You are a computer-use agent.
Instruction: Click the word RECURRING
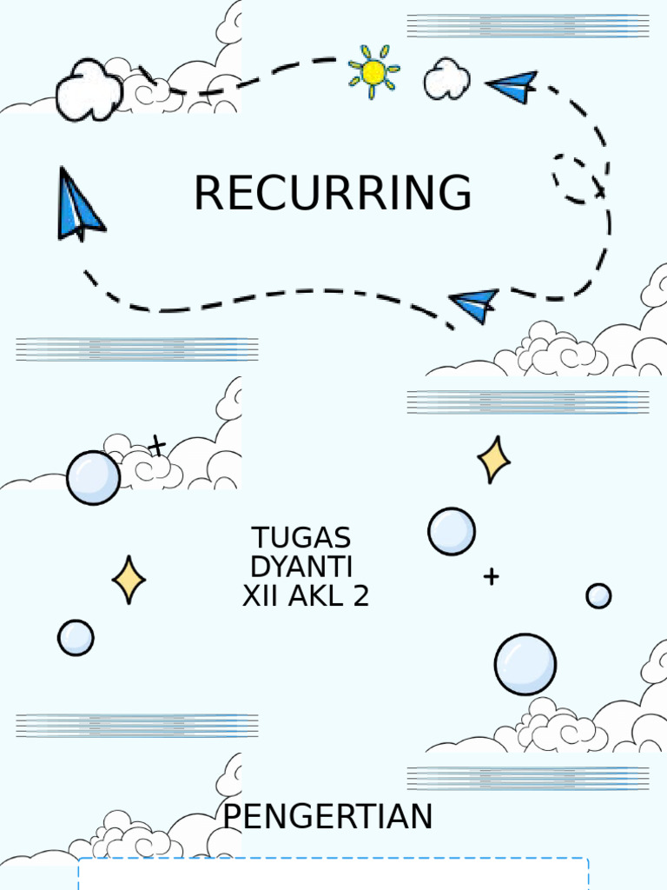333,193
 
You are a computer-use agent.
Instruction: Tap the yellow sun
373,72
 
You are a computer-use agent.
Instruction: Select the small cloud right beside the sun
446,79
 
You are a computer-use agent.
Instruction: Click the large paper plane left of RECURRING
78,205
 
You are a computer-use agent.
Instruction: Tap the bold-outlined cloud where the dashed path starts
89,89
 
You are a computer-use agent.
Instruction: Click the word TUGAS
300,538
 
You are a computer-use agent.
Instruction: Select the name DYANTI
301,567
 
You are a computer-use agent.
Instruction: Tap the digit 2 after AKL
361,596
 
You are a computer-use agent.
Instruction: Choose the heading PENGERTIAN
327,817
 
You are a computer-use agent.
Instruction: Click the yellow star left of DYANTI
129,580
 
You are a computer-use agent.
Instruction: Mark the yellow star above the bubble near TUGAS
493,460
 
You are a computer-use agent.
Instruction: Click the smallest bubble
598,595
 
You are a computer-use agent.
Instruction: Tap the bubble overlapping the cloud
94,477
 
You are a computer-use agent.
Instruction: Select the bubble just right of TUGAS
452,531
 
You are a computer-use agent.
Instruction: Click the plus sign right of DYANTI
492,576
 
